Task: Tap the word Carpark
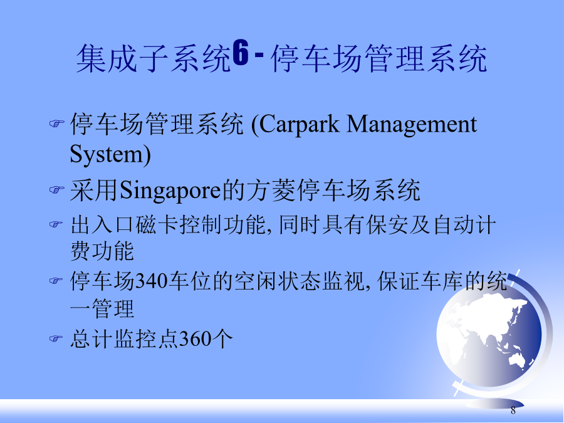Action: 300,125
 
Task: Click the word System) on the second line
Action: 110,155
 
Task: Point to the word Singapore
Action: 170,191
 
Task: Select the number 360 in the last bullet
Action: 196,338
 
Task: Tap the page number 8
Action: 513,410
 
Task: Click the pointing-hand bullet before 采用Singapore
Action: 56,189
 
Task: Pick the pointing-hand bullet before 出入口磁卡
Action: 56,224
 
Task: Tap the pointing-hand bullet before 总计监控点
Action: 56,338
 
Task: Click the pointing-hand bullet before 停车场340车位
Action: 56,280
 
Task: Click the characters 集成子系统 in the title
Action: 154,58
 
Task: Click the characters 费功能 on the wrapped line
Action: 102,251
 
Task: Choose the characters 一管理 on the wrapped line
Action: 102,308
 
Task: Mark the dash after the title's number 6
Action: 259,55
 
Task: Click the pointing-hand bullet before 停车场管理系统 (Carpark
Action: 56,123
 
